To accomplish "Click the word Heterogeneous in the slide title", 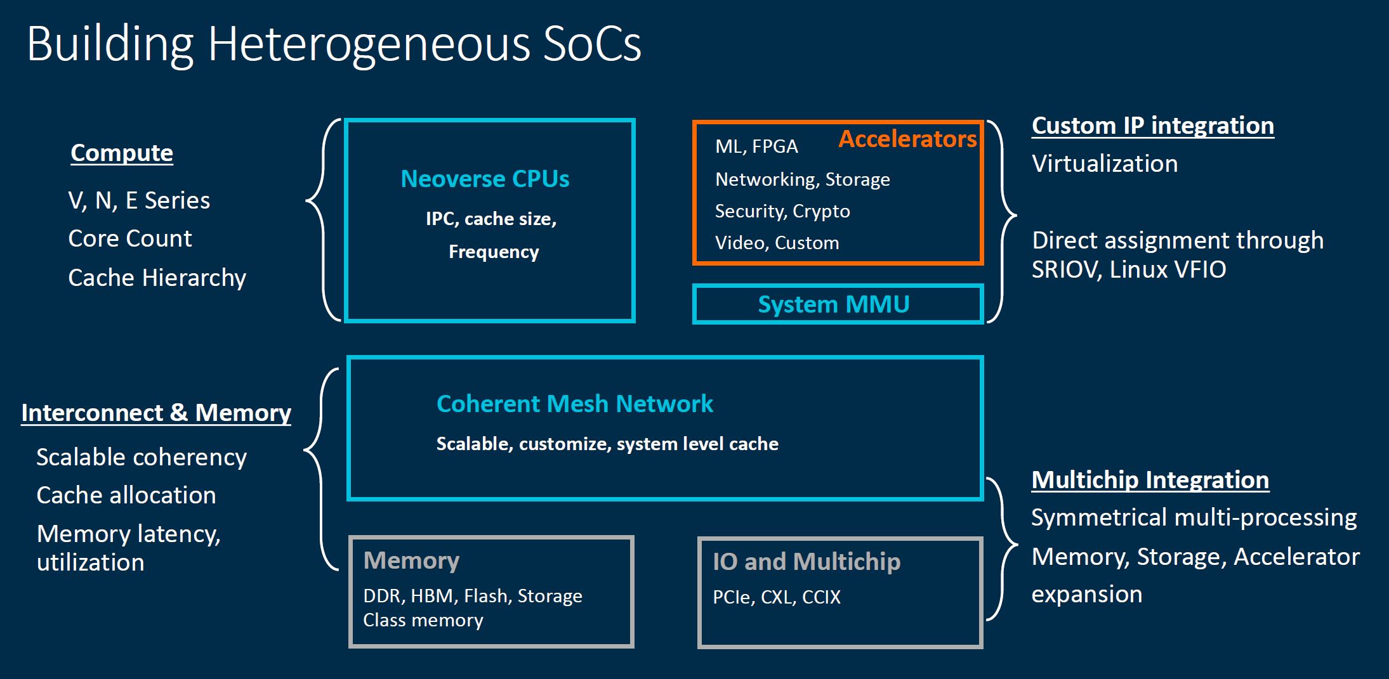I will click(x=369, y=44).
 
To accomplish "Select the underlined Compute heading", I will click(x=122, y=153).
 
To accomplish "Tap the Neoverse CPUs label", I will click(x=485, y=179).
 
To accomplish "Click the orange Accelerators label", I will click(x=907, y=139).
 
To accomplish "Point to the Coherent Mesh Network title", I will click(x=574, y=404).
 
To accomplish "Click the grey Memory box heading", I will click(x=411, y=560).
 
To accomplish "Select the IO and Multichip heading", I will click(x=806, y=562).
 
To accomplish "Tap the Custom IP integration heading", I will click(x=1152, y=126).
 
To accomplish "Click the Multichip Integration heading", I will click(x=1150, y=480).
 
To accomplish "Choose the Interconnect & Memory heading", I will click(x=156, y=413).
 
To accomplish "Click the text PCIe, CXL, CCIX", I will click(x=777, y=597).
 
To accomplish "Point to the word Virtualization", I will click(x=1105, y=164).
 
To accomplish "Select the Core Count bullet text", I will click(x=129, y=238).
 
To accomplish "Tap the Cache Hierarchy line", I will click(x=157, y=278).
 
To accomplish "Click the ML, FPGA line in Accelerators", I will click(x=756, y=146).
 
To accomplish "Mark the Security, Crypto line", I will click(x=782, y=211).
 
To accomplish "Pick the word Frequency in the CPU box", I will click(x=494, y=252).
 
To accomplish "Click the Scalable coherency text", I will click(x=142, y=457).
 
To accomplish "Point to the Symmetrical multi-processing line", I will click(x=1194, y=517).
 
